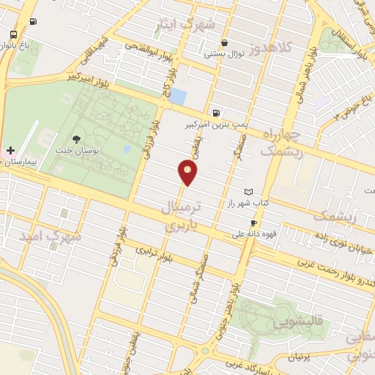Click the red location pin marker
click(x=188, y=173)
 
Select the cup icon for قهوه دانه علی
click(x=253, y=223)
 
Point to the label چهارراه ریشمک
click(x=281, y=141)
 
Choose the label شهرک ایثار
click(x=185, y=25)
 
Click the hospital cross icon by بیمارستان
click(x=10, y=149)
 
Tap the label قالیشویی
click(x=300, y=321)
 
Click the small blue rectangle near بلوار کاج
click(x=182, y=96)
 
